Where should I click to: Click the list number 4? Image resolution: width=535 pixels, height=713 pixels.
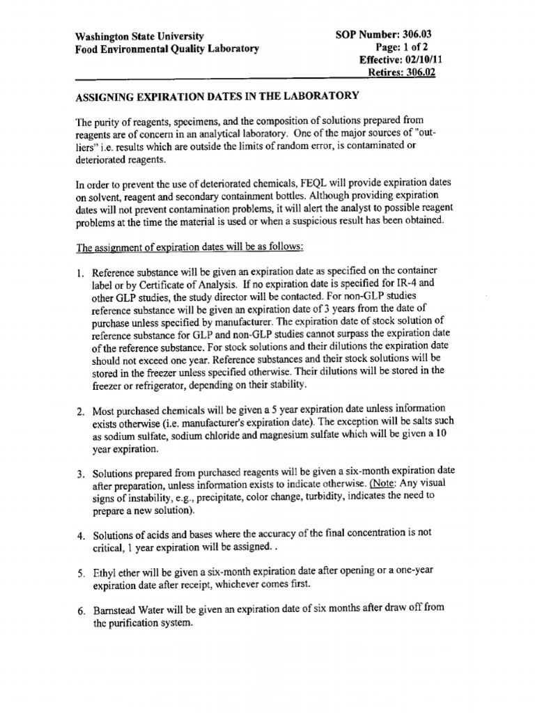[79, 536]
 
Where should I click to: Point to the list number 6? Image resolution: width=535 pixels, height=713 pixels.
[79, 611]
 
